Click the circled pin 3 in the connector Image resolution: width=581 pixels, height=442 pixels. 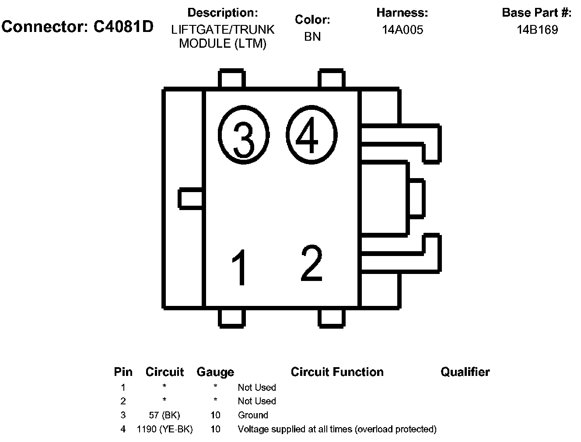point(243,134)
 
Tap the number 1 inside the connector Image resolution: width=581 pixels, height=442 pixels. point(240,267)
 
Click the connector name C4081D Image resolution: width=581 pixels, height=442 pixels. point(123,27)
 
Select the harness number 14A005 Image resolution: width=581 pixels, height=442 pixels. point(402,30)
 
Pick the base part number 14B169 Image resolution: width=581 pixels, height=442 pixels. point(537,30)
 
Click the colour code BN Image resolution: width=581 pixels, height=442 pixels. point(312,37)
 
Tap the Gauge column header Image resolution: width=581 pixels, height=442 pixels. point(215,372)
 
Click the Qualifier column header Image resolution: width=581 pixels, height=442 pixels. point(465,372)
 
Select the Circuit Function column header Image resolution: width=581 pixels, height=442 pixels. point(337,372)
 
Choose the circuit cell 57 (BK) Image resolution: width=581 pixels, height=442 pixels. point(164,415)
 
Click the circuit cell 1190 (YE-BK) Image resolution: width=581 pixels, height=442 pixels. point(164,429)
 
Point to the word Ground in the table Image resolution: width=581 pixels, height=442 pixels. point(253,415)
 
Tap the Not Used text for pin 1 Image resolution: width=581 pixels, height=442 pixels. point(257,387)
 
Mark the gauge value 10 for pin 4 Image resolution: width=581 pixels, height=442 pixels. point(215,429)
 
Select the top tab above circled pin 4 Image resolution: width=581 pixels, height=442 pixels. point(331,79)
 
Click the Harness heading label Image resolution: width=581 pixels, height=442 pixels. point(402,13)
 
